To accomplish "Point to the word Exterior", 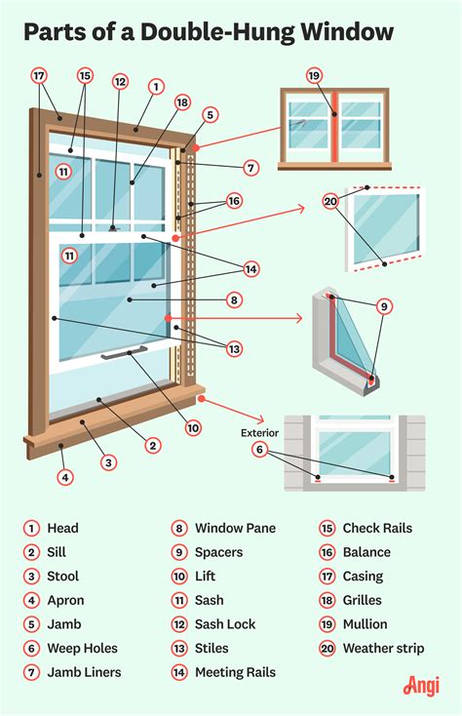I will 260,430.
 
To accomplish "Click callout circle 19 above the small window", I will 313,75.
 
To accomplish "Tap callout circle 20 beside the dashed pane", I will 330,202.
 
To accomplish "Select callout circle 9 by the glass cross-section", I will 385,306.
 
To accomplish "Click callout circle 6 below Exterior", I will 259,449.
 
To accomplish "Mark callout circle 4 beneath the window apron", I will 65,477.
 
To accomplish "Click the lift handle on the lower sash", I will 123,351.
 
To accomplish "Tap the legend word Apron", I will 65,600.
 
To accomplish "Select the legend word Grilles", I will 362,600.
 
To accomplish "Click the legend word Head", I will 62,528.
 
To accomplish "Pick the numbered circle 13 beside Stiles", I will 179,648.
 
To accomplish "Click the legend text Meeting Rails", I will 235,672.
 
